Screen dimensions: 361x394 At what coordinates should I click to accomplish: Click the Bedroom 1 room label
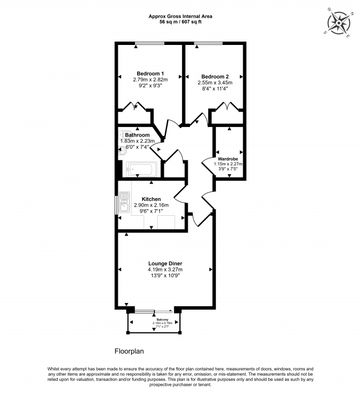click(150, 74)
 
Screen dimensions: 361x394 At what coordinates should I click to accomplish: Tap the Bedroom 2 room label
click(215, 77)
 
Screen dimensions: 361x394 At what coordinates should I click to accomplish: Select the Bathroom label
click(137, 135)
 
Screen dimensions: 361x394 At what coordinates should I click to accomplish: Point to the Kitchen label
click(151, 199)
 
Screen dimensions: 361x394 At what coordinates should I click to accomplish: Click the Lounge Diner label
click(165, 264)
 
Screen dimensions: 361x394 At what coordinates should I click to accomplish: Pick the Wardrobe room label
click(228, 159)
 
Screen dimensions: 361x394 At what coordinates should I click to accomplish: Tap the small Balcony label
click(162, 320)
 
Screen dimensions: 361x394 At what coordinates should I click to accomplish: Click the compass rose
click(339, 23)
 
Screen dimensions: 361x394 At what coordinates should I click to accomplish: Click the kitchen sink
click(124, 203)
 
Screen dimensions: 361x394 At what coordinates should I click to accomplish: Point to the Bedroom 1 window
click(149, 43)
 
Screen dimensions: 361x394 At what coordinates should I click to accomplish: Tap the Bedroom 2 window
click(208, 43)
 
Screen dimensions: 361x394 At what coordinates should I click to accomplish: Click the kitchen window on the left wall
click(116, 205)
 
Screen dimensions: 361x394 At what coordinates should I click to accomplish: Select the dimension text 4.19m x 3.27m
click(165, 270)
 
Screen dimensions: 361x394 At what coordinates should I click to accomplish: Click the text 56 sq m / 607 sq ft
click(180, 22)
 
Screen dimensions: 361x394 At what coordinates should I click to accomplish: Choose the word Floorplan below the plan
click(129, 351)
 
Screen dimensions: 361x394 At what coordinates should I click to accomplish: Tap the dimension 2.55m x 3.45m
click(215, 83)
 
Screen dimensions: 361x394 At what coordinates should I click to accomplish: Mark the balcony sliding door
click(153, 311)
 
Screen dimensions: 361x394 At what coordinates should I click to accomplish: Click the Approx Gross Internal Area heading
click(180, 16)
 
